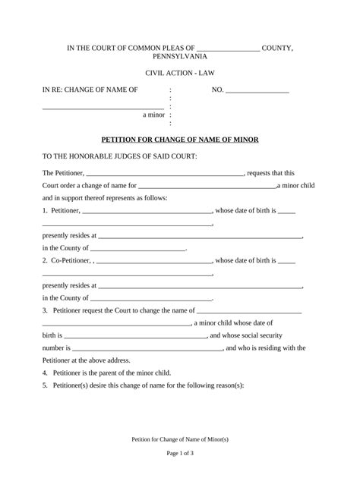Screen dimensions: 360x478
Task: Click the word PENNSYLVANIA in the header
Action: tap(180, 57)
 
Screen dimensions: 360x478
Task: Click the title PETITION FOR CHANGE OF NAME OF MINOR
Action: tap(180, 140)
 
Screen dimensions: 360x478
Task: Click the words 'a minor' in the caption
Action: tap(154, 115)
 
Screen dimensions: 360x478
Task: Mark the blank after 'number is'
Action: tap(144, 348)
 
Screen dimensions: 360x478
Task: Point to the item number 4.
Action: tap(45, 373)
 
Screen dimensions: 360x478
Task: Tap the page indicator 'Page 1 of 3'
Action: tap(180, 453)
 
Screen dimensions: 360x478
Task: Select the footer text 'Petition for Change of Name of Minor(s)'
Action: tap(180, 439)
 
